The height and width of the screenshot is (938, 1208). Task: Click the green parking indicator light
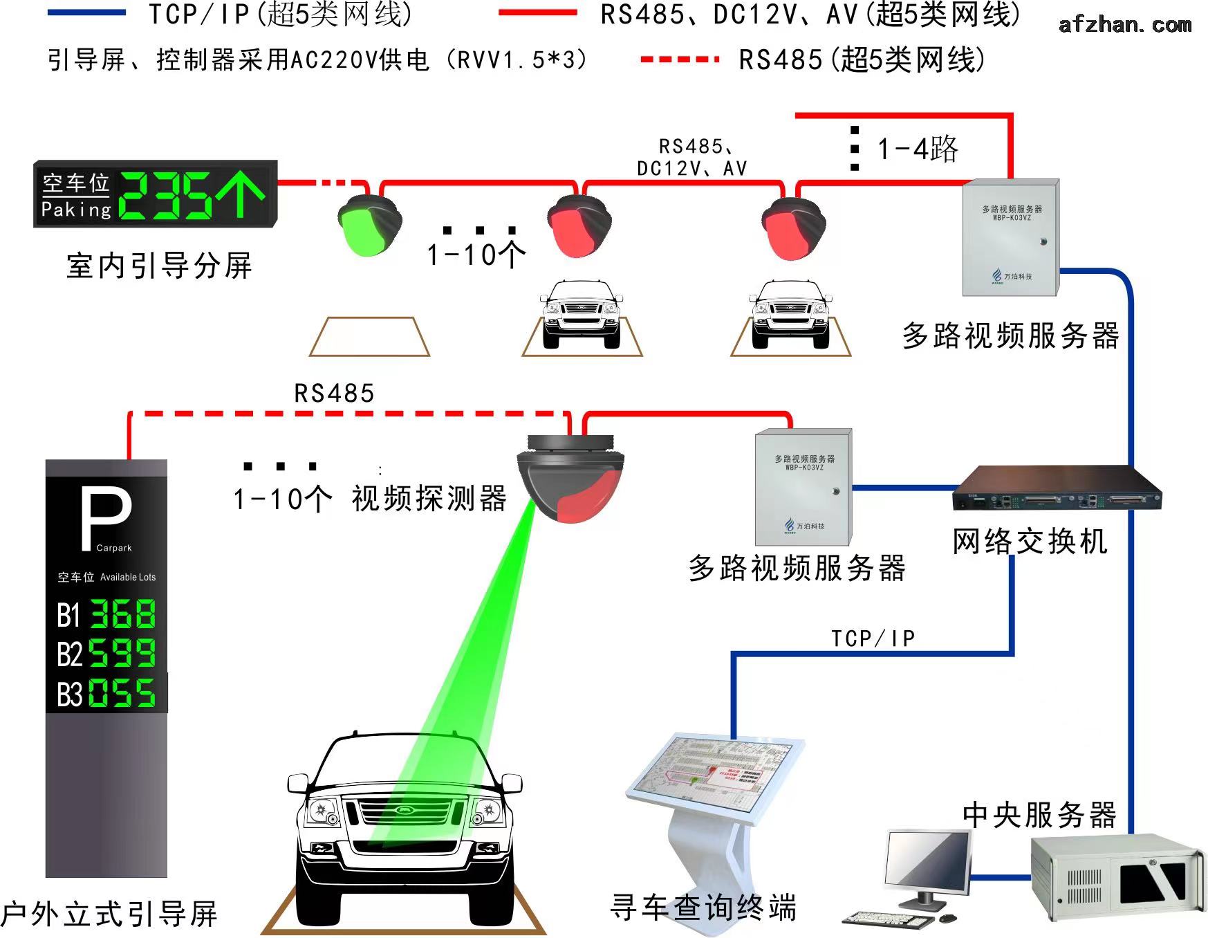click(367, 226)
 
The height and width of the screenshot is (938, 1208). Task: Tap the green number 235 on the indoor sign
click(166, 195)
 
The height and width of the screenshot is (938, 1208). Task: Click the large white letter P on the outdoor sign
click(105, 518)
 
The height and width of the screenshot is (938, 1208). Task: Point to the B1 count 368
click(123, 614)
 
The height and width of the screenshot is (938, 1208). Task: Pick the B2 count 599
click(123, 653)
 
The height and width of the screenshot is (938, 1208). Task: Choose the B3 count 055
click(123, 692)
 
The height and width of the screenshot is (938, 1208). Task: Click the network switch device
click(1056, 490)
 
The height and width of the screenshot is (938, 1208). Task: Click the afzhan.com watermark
click(1125, 25)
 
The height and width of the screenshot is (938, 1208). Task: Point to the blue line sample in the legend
click(87, 12)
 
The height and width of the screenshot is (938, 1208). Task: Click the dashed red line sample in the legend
click(680, 59)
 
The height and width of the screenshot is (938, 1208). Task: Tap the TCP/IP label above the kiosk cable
click(873, 638)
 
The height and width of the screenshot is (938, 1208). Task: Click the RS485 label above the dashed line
click(334, 394)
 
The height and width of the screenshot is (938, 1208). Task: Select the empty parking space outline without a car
click(369, 337)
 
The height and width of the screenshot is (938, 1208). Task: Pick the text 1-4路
click(917, 149)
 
